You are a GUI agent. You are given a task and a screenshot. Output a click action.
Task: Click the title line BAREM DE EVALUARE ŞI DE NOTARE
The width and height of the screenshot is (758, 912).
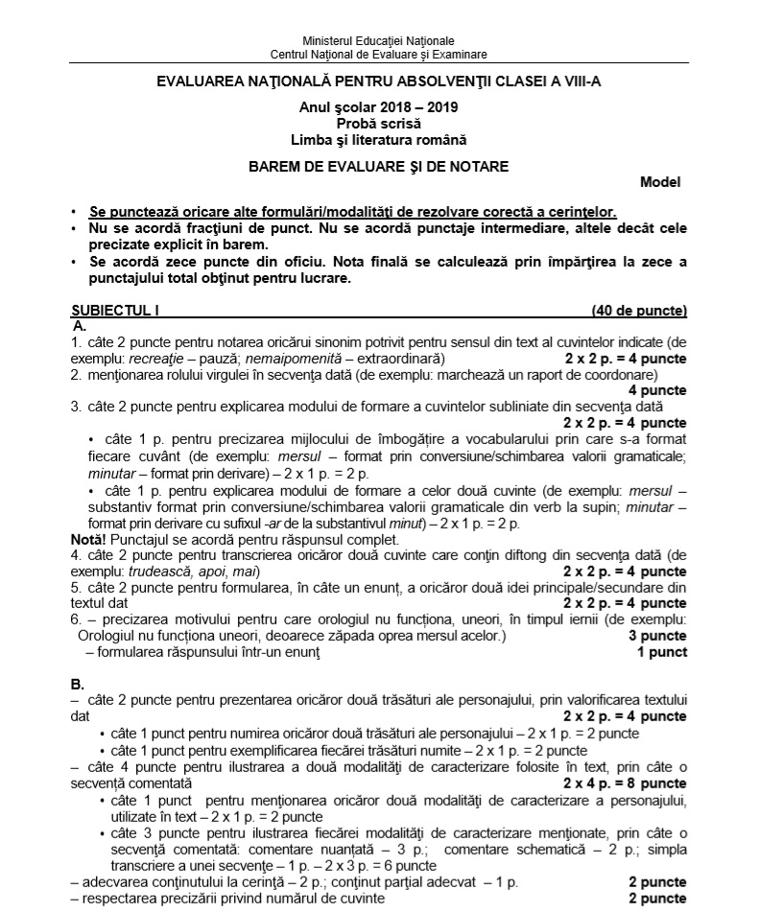(x=378, y=166)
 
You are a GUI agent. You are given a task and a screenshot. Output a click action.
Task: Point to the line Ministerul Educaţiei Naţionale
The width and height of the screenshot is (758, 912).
(x=378, y=42)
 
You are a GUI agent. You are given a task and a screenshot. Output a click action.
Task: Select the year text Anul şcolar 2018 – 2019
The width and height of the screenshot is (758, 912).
(x=378, y=108)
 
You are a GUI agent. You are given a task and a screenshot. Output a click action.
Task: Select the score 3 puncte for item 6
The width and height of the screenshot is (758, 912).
(x=657, y=636)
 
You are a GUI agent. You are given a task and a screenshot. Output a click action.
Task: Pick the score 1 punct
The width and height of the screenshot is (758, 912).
(x=662, y=652)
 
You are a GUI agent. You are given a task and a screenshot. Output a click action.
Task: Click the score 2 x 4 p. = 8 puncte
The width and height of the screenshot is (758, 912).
(x=625, y=783)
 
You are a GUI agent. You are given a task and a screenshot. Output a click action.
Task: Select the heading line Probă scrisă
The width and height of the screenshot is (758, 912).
(x=378, y=123)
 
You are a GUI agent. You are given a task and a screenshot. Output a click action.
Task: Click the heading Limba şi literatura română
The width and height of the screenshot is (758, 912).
(x=378, y=138)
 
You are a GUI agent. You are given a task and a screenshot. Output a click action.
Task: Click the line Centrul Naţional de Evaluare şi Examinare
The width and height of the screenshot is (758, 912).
(x=378, y=55)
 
